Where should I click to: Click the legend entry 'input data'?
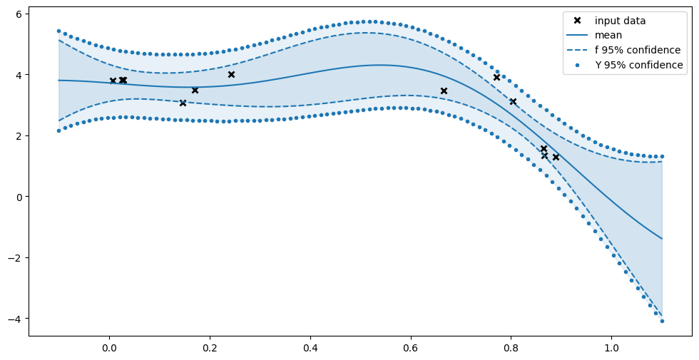point(620,21)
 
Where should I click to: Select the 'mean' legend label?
point(608,36)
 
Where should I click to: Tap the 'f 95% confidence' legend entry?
point(638,51)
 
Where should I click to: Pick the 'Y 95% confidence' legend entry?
point(639,66)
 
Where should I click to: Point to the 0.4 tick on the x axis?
point(310,349)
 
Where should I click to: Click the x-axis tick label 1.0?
point(611,349)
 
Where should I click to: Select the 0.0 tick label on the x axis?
point(109,349)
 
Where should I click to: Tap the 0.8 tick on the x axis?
point(511,349)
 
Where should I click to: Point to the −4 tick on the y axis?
point(16,318)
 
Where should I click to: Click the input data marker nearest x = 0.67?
point(444,91)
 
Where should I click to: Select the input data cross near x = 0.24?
point(231,74)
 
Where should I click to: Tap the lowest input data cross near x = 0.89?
point(556,157)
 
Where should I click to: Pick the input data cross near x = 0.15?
point(183,103)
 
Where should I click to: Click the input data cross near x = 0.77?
point(496,77)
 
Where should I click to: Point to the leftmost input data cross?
point(113,81)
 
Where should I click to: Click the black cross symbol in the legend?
point(578,21)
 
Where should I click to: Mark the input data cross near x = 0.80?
point(513,102)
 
